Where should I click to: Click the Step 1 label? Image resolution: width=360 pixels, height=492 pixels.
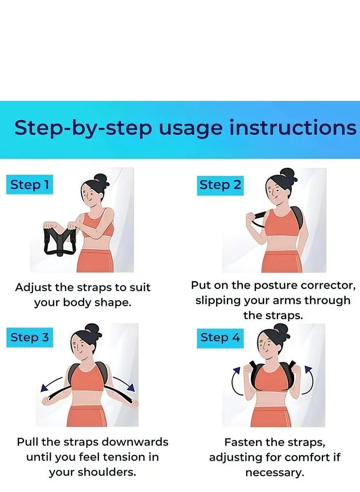coord(30,184)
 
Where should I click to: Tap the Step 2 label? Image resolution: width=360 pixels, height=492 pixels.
coord(220,185)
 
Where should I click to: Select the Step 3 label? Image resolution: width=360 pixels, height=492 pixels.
coord(30,337)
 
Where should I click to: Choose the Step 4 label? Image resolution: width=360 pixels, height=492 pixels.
coord(220,338)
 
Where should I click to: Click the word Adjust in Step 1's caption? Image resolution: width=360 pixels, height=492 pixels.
coord(33,288)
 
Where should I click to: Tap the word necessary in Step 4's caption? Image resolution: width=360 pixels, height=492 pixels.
coord(275,473)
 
